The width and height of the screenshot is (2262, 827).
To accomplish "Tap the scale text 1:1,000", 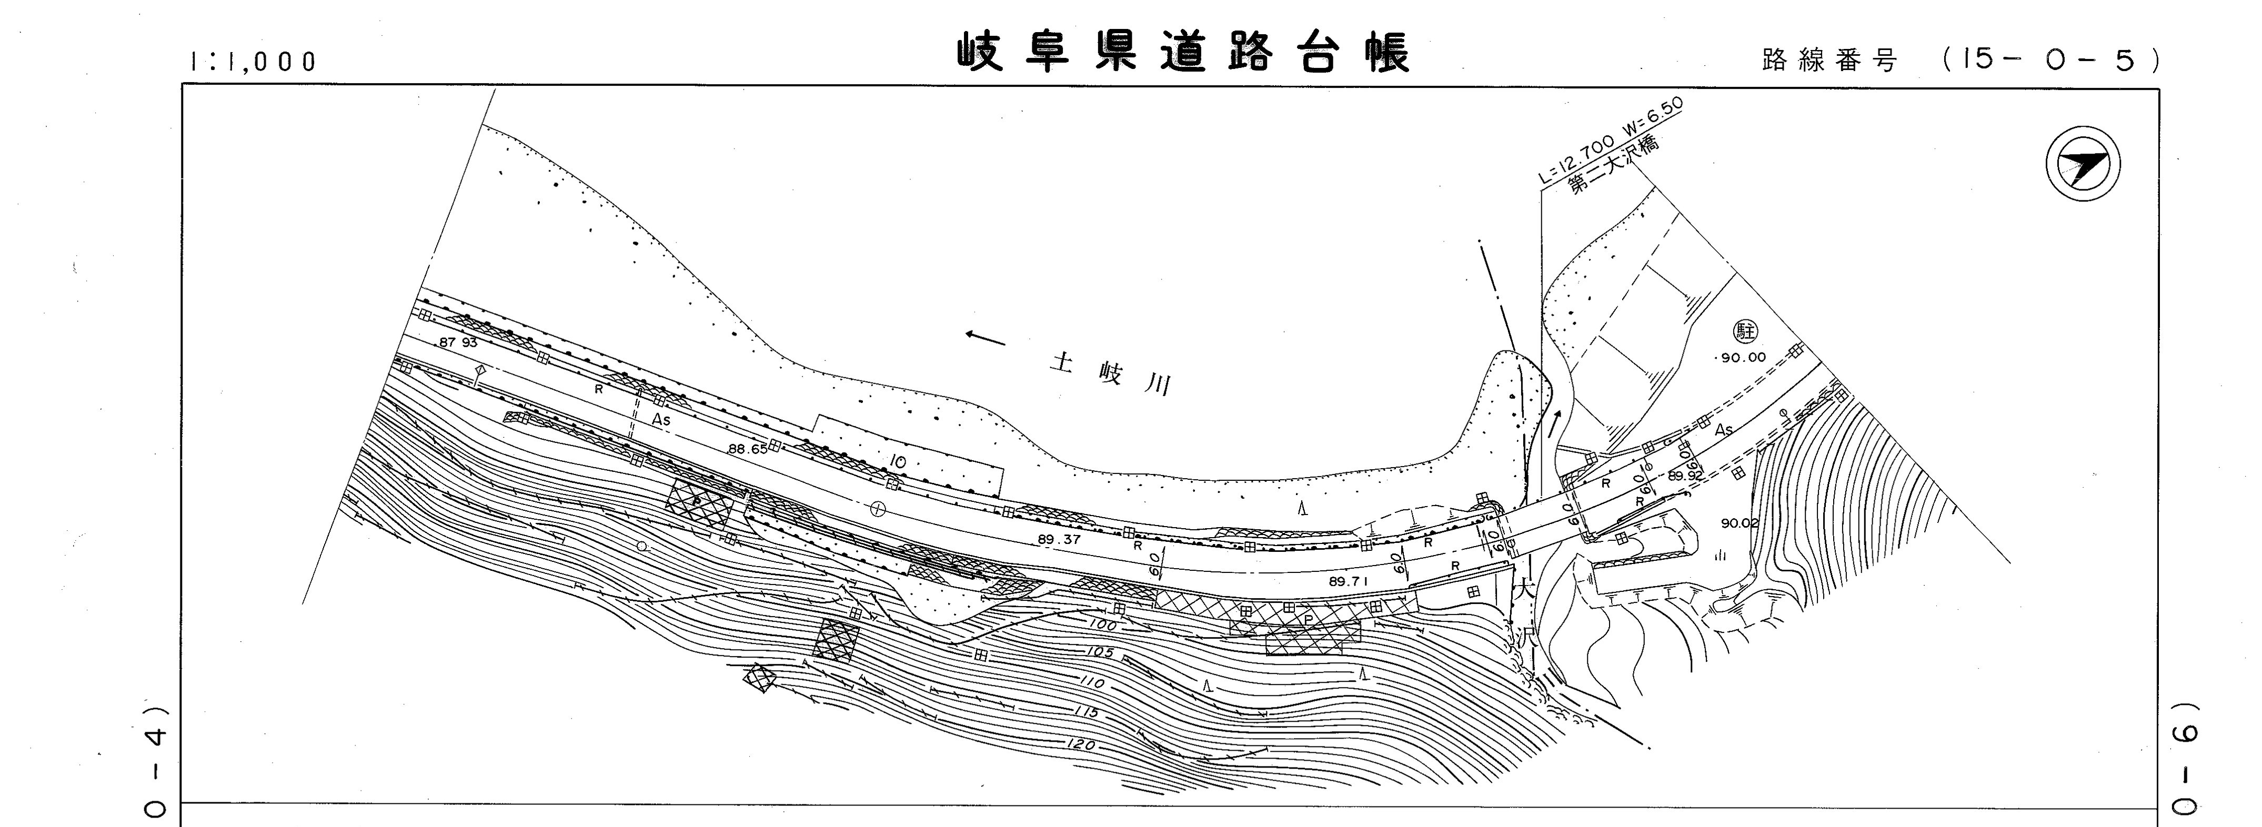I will coord(252,62).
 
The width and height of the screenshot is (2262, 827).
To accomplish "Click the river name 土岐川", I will coord(1111,373).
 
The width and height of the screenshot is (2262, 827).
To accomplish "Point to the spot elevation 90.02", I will coord(1740,523).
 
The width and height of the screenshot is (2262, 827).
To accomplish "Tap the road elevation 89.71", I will coord(1350,581).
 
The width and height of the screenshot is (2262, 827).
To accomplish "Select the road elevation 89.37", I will coord(1059,540).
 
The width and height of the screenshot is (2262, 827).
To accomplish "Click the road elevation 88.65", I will coord(747,449).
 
